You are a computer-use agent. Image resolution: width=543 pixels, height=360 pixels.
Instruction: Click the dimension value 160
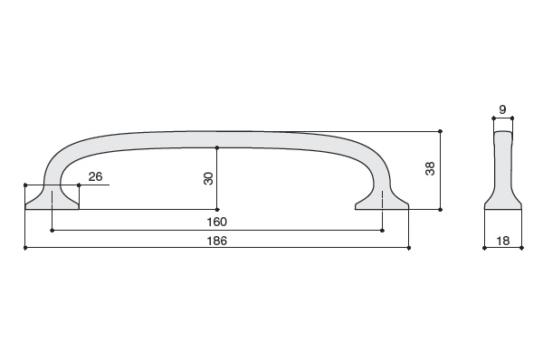click(x=217, y=222)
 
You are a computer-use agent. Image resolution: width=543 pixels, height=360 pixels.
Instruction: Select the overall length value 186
click(x=217, y=241)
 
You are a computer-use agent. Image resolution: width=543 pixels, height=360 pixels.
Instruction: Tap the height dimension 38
click(x=430, y=168)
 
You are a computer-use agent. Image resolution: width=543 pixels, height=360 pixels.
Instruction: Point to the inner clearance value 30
click(x=208, y=178)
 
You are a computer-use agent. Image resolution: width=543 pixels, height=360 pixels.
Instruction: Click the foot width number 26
click(x=96, y=176)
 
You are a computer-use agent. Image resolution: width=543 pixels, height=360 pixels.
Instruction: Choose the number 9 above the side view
click(x=502, y=109)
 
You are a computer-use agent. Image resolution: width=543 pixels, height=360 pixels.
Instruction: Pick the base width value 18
click(x=503, y=241)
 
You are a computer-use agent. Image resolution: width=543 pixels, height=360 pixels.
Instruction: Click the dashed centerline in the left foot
click(x=52, y=199)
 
